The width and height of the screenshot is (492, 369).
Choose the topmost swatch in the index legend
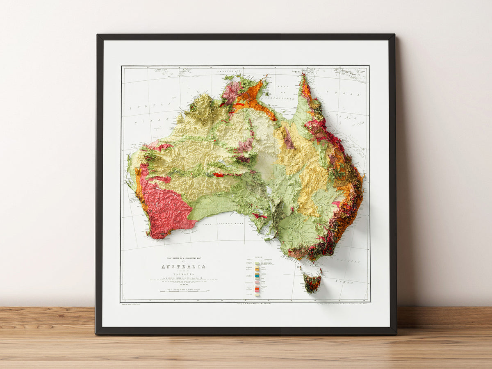pos(257,264)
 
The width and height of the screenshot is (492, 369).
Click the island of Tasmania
pos(312,283)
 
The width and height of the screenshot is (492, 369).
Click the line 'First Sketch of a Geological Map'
pos(183,259)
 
